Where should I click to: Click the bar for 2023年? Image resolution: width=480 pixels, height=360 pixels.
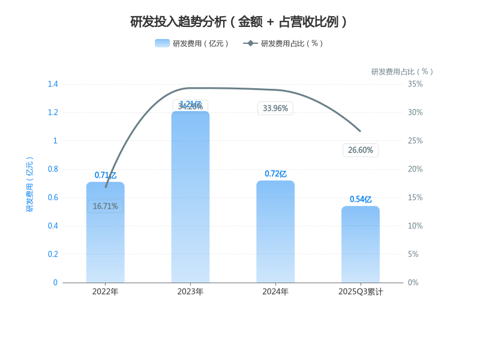tap(190, 198)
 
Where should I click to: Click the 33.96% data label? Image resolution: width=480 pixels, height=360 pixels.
tap(275, 109)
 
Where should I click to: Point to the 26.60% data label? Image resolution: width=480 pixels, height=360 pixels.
tap(361, 150)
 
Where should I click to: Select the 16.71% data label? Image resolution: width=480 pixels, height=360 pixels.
tap(105, 206)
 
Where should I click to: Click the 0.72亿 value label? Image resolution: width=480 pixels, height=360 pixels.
tap(275, 174)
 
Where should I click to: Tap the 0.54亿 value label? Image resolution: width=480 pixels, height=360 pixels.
tap(361, 200)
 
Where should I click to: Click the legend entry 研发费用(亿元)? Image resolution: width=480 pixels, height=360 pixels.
tap(192, 43)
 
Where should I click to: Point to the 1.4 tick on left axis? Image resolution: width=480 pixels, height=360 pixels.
tap(53, 84)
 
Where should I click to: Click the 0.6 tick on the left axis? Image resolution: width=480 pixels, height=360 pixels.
tap(53, 197)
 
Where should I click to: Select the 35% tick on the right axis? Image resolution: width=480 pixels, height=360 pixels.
tap(415, 84)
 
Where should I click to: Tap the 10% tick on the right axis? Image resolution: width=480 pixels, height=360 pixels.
tap(415, 226)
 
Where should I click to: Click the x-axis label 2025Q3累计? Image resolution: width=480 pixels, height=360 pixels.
tap(361, 292)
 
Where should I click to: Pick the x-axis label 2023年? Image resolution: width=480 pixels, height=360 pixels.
tap(190, 292)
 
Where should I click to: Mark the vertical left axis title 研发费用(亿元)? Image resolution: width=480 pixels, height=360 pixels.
tap(30, 184)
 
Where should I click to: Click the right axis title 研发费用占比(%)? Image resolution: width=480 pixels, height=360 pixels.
tap(402, 71)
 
